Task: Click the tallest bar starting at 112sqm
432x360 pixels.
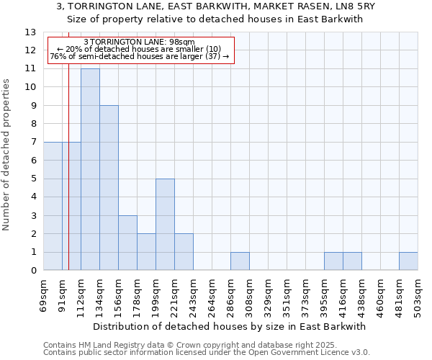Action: [90, 169]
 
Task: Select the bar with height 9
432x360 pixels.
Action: [109, 188]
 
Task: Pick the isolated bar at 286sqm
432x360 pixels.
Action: [240, 261]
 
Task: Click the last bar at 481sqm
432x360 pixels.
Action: [408, 261]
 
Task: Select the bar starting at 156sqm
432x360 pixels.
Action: [127, 243]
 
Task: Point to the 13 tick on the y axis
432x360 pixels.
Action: [30, 32]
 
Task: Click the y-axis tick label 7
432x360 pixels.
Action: [33, 143]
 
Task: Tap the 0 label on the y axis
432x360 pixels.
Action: [33, 271]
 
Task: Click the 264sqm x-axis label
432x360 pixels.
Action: [212, 296]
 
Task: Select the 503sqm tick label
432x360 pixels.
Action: [418, 296]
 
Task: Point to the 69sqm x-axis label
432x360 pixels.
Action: [44, 296]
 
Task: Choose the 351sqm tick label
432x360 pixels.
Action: [287, 296]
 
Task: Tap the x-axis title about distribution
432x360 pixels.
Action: [230, 326]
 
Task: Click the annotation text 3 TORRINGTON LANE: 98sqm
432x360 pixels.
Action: [139, 42]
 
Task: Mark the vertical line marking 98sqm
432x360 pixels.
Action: [68, 180]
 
